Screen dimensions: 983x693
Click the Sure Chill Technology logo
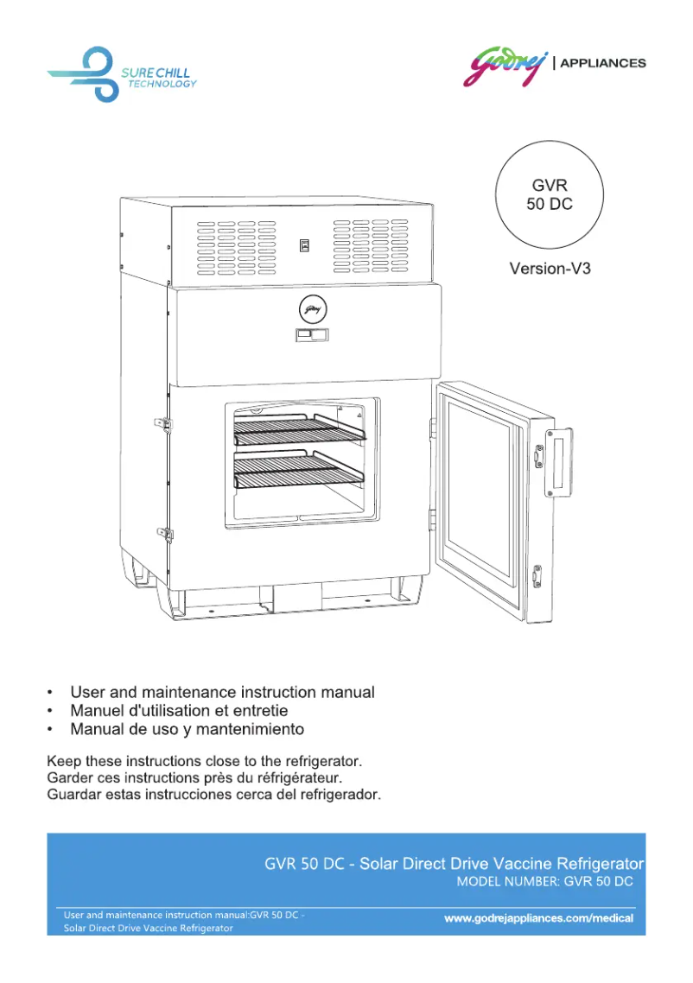pyautogui.click(x=121, y=75)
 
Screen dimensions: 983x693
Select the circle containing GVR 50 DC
pyautogui.click(x=550, y=195)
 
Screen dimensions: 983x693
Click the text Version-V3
pyautogui.click(x=550, y=269)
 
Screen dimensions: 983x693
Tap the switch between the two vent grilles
pyautogui.click(x=304, y=245)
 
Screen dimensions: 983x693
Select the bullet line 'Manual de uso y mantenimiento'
pyautogui.click(x=187, y=729)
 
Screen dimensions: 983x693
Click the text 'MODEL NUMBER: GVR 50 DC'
pyautogui.click(x=544, y=882)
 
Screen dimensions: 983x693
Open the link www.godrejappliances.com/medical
pyautogui.click(x=538, y=918)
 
